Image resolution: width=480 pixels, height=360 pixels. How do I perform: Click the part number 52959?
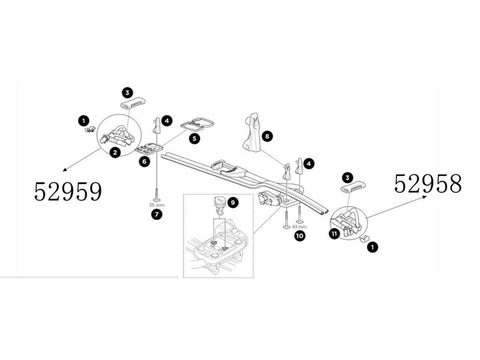67,191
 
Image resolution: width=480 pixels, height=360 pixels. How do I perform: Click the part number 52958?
427,184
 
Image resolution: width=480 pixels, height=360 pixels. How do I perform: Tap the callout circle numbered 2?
115,152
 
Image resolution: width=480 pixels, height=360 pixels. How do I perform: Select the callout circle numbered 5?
195,139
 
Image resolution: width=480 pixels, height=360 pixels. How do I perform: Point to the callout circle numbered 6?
145,161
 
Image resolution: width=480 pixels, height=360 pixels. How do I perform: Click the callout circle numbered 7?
157,214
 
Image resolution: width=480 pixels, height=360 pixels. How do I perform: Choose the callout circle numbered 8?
267,135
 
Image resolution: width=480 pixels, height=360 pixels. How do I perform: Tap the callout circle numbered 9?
233,203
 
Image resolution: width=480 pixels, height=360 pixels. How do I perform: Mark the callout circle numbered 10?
299,236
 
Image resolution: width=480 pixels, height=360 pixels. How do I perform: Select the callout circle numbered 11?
334,234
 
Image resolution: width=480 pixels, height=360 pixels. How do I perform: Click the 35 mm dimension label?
157,205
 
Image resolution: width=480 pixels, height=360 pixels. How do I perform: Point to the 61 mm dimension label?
299,227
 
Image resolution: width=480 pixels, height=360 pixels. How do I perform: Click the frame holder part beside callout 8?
252,132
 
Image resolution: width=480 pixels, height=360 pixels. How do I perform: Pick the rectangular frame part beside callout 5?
197,124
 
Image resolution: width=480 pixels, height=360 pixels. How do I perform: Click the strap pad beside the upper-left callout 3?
132,103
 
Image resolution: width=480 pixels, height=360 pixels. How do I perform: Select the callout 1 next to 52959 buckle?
84,121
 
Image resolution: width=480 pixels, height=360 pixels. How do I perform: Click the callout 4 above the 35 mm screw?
167,121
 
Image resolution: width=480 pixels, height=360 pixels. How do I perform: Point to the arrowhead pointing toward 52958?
424,197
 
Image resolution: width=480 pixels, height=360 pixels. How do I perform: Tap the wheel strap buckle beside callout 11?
347,223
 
